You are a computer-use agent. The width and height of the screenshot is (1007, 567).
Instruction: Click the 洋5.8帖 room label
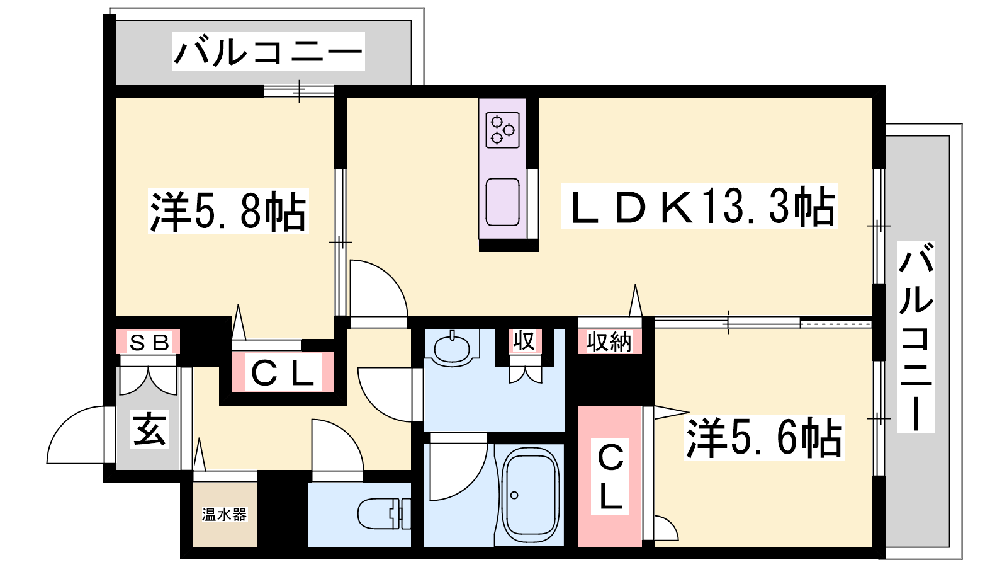[228, 211]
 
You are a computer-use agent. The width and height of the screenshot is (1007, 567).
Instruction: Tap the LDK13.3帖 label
[699, 206]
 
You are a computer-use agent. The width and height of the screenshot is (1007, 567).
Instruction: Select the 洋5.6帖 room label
[764, 438]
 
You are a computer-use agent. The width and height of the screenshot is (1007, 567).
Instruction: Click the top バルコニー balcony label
[268, 51]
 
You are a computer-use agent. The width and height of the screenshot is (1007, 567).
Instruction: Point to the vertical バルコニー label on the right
[916, 338]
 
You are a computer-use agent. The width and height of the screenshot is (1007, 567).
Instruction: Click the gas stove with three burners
[503, 130]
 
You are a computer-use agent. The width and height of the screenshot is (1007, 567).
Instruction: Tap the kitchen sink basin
[503, 202]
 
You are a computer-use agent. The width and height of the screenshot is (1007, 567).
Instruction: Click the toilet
[385, 513]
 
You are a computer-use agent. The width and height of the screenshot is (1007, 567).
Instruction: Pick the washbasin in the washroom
[452, 347]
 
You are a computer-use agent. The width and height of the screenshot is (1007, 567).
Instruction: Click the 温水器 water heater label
[224, 514]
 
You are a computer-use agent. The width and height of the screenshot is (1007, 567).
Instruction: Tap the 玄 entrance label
[149, 429]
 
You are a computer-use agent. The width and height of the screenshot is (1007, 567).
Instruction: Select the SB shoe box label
[149, 343]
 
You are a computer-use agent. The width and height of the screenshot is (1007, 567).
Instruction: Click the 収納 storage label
[609, 342]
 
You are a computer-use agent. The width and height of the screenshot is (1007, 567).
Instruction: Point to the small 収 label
[525, 341]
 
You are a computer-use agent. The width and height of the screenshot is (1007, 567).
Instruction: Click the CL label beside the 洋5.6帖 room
[610, 476]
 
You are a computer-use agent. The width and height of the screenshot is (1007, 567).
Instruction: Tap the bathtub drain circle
[515, 495]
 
